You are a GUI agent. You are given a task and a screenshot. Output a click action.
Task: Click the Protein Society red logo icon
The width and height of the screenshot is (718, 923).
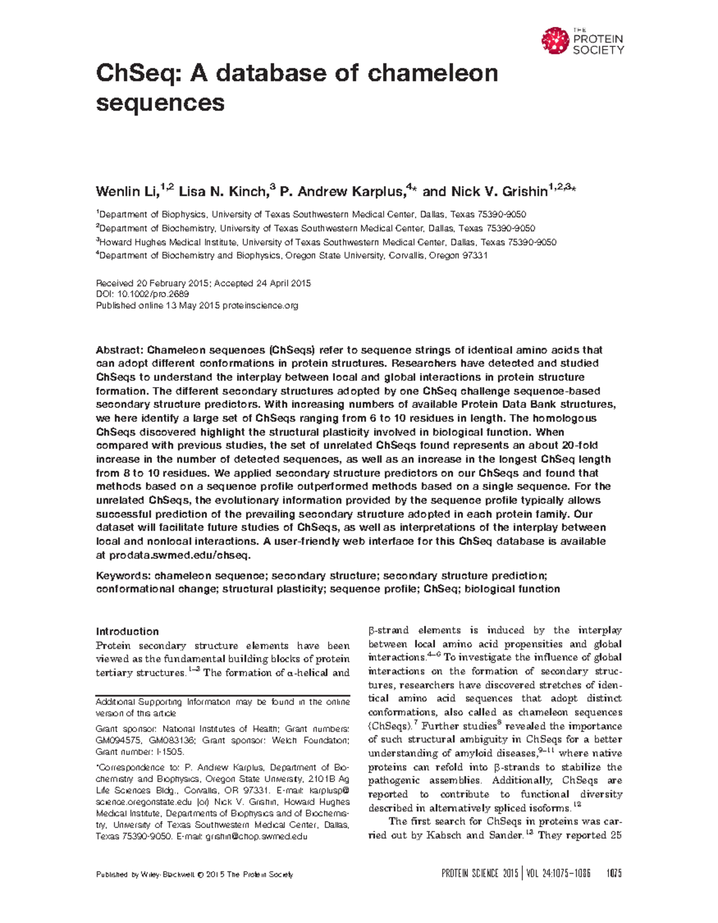(555, 41)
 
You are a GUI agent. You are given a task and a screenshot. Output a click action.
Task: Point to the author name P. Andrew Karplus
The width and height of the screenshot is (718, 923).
(342, 192)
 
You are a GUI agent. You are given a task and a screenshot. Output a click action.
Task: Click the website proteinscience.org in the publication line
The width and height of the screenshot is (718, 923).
(260, 306)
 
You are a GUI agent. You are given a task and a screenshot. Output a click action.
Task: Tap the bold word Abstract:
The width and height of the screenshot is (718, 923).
(120, 350)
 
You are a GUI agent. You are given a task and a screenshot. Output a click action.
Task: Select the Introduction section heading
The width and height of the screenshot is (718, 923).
(127, 632)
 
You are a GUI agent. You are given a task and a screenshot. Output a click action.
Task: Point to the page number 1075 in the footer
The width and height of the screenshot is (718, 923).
(613, 874)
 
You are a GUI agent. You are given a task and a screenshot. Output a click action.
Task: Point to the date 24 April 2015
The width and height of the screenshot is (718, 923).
(282, 284)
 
